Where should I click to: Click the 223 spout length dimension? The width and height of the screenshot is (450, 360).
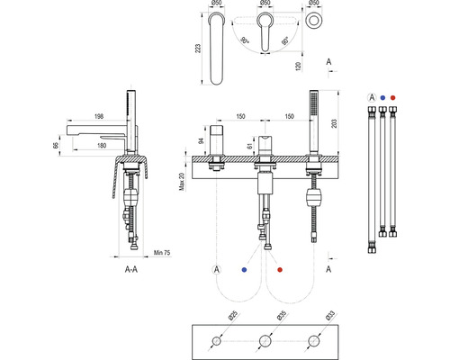coord(198,49)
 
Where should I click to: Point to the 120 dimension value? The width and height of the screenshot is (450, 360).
coord(298,67)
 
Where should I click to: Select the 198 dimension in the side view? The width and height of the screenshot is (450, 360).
coord(99,116)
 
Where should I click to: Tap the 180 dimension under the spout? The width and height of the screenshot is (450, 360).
coord(102,146)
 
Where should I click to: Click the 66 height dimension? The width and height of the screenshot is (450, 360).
coord(56,146)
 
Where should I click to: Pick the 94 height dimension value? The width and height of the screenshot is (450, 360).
coord(202,140)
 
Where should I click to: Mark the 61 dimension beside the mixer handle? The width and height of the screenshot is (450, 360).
coord(249,146)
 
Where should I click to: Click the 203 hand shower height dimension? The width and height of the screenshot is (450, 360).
coord(334,123)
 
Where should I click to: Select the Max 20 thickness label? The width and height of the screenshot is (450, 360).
coord(182,181)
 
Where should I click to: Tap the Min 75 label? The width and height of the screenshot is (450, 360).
coord(162,253)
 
